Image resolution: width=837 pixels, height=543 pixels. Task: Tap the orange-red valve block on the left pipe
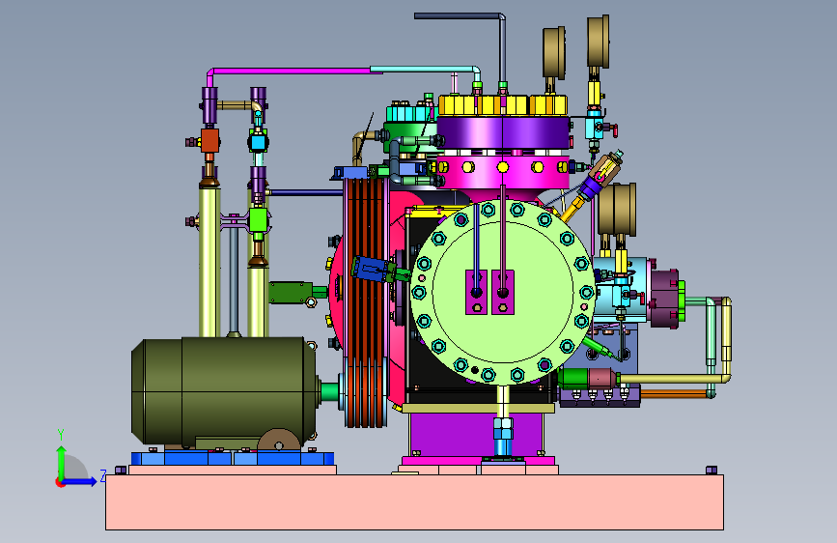pos(209,140)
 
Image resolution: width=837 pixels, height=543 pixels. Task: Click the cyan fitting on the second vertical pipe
pos(258,142)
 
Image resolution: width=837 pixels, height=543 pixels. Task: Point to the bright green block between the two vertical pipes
pos(258,219)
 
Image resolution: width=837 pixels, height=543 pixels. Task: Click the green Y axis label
pos(61,435)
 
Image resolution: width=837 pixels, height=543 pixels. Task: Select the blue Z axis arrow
pos(79,481)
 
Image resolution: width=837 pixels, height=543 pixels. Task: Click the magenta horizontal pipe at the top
pos(293,70)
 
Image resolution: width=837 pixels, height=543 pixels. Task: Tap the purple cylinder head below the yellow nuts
pos(503,132)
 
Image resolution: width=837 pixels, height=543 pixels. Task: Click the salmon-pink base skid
pos(415,501)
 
